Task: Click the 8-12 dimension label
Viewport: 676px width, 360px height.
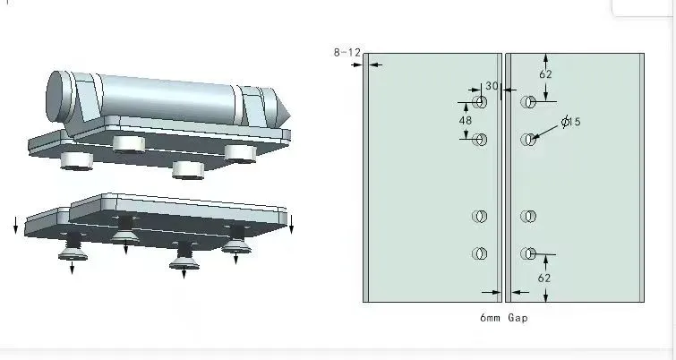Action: [347, 54]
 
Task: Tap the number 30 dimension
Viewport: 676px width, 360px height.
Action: [492, 86]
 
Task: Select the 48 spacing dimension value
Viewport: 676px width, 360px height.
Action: [466, 119]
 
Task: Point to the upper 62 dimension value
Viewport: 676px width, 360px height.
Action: [545, 74]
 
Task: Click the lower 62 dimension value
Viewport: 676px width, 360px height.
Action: [545, 279]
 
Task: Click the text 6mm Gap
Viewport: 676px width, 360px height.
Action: [504, 318]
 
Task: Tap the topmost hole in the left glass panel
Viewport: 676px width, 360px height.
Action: [480, 102]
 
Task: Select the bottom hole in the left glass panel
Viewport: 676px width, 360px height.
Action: [480, 253]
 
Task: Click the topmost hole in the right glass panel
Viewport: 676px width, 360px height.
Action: [529, 102]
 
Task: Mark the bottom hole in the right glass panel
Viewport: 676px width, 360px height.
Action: [529, 253]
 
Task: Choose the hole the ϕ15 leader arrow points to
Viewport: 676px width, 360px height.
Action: [529, 139]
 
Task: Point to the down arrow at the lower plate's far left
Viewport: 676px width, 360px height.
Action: [15, 226]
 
